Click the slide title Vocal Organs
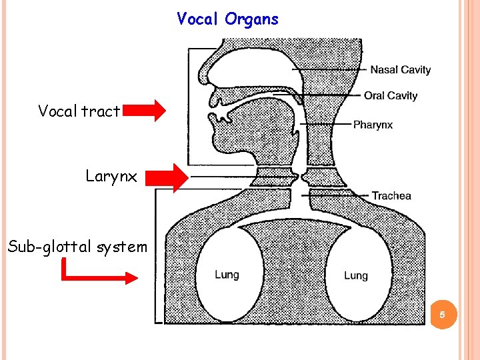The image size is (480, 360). pos(228,19)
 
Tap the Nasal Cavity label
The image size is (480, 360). pos(401,70)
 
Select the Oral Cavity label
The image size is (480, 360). pos(391,96)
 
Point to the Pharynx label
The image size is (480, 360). pos(373,125)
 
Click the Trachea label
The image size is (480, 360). pos(391,195)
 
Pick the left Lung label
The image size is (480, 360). pos(227,274)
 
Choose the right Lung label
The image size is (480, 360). pos(355,275)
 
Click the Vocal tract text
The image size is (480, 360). pos(79,111)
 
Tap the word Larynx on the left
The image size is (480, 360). pos(111,177)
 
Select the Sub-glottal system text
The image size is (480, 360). pos(77,247)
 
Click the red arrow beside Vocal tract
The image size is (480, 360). pos(145,111)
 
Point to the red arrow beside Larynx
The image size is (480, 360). pos(167,177)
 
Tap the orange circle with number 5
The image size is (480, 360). pos(443,314)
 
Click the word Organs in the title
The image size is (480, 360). pos(252,19)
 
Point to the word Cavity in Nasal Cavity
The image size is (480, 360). pos(416,70)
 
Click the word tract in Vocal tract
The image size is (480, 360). pos(101,111)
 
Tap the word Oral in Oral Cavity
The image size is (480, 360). pos(374,96)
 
